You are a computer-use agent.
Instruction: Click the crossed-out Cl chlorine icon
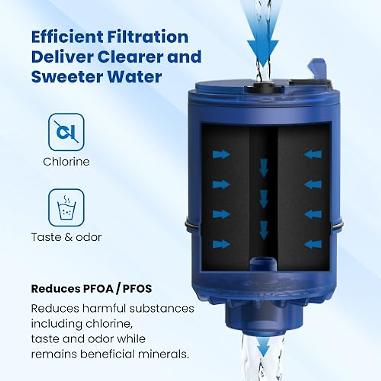point(66,132)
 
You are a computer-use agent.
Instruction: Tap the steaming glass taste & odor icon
point(66,207)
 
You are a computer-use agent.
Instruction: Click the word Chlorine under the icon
point(66,162)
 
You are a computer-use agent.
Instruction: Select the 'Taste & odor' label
point(66,237)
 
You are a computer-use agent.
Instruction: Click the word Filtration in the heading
point(148,37)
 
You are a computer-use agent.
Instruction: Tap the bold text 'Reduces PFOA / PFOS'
point(91,289)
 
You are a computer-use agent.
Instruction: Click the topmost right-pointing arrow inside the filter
point(221,154)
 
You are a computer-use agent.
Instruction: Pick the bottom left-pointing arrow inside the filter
point(313,244)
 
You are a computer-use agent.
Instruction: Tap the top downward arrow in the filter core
point(264,168)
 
